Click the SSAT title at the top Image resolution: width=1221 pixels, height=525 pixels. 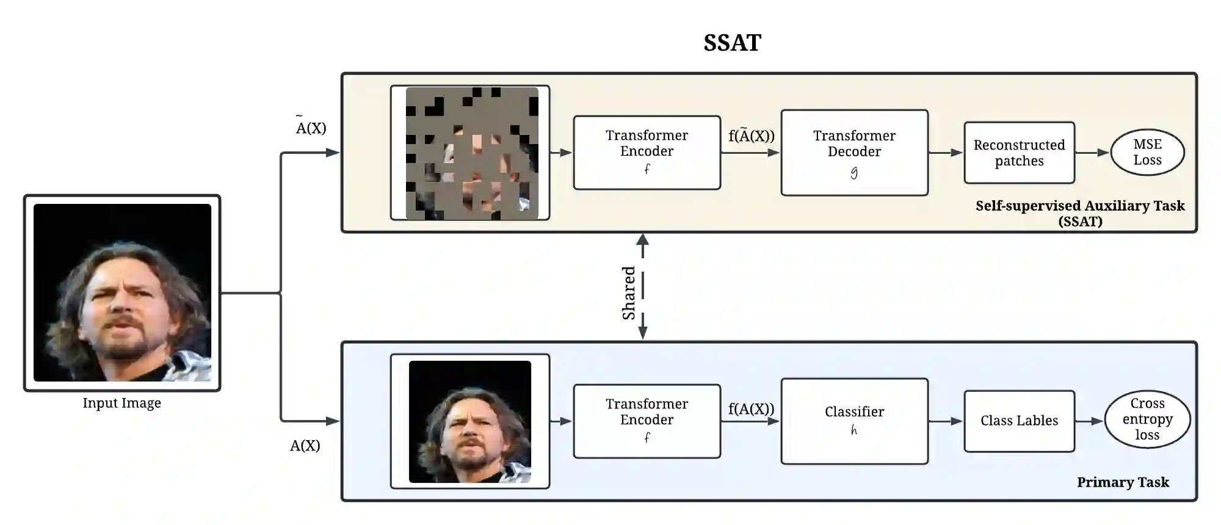(732, 43)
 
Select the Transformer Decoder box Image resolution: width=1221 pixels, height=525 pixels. (854, 152)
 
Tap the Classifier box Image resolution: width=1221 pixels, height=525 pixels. (854, 421)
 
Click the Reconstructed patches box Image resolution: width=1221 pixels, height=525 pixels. (1019, 153)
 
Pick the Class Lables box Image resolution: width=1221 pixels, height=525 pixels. (1019, 421)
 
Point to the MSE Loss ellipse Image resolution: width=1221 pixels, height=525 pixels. (1147, 152)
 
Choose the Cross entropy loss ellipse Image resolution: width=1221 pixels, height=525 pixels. (1147, 419)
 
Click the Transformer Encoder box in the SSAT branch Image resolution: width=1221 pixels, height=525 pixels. (647, 152)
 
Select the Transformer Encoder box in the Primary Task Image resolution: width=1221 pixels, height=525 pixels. (647, 421)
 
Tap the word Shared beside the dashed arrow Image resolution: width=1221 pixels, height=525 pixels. (629, 292)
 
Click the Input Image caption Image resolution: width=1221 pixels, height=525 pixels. (121, 403)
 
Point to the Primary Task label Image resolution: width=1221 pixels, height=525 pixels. (1123, 482)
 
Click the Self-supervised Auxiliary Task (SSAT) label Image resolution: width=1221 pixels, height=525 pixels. (1080, 213)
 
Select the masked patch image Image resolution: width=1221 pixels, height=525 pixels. (471, 153)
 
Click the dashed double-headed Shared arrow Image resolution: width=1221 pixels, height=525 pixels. (643, 287)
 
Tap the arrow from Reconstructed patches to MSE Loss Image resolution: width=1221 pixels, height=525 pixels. (1092, 153)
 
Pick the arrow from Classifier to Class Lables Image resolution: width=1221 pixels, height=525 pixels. (946, 421)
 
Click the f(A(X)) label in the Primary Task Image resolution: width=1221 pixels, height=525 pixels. (751, 409)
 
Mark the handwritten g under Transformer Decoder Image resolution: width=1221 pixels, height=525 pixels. (854, 173)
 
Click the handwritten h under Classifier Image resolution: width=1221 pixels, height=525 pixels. (854, 431)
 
